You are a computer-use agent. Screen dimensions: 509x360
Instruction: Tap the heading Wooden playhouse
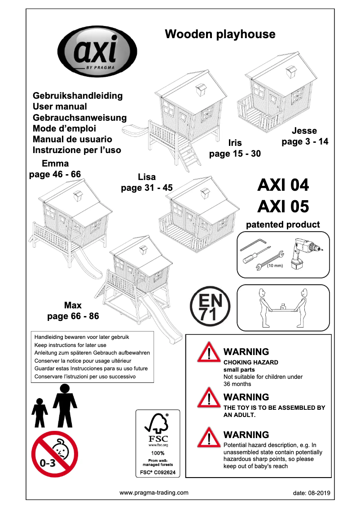point(220,34)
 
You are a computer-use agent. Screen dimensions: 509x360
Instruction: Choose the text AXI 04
point(283,185)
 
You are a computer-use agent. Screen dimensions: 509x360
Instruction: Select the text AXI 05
point(283,206)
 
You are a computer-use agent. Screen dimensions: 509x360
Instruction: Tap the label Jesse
point(304,131)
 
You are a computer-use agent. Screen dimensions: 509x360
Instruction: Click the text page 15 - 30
point(235,154)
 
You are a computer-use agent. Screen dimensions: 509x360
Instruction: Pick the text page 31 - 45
point(147,188)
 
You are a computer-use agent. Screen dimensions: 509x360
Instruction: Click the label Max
point(73,306)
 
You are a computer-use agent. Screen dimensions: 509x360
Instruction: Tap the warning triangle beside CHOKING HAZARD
point(208,352)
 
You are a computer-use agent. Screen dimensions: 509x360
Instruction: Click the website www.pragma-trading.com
point(154,492)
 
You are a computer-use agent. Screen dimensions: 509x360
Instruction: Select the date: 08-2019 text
point(311,493)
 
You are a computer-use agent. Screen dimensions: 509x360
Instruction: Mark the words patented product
point(283,224)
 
